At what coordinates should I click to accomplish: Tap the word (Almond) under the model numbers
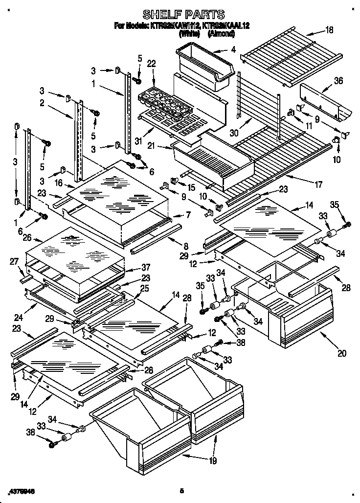coord(221,34)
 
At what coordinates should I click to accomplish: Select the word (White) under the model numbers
coord(189,34)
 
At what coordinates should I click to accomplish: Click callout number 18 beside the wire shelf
coord(329,30)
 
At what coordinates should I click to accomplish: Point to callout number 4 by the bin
coord(233,49)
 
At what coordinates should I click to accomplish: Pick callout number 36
coord(337,82)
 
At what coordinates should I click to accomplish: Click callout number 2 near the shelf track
coord(43,103)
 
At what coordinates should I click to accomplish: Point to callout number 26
coord(27,238)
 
